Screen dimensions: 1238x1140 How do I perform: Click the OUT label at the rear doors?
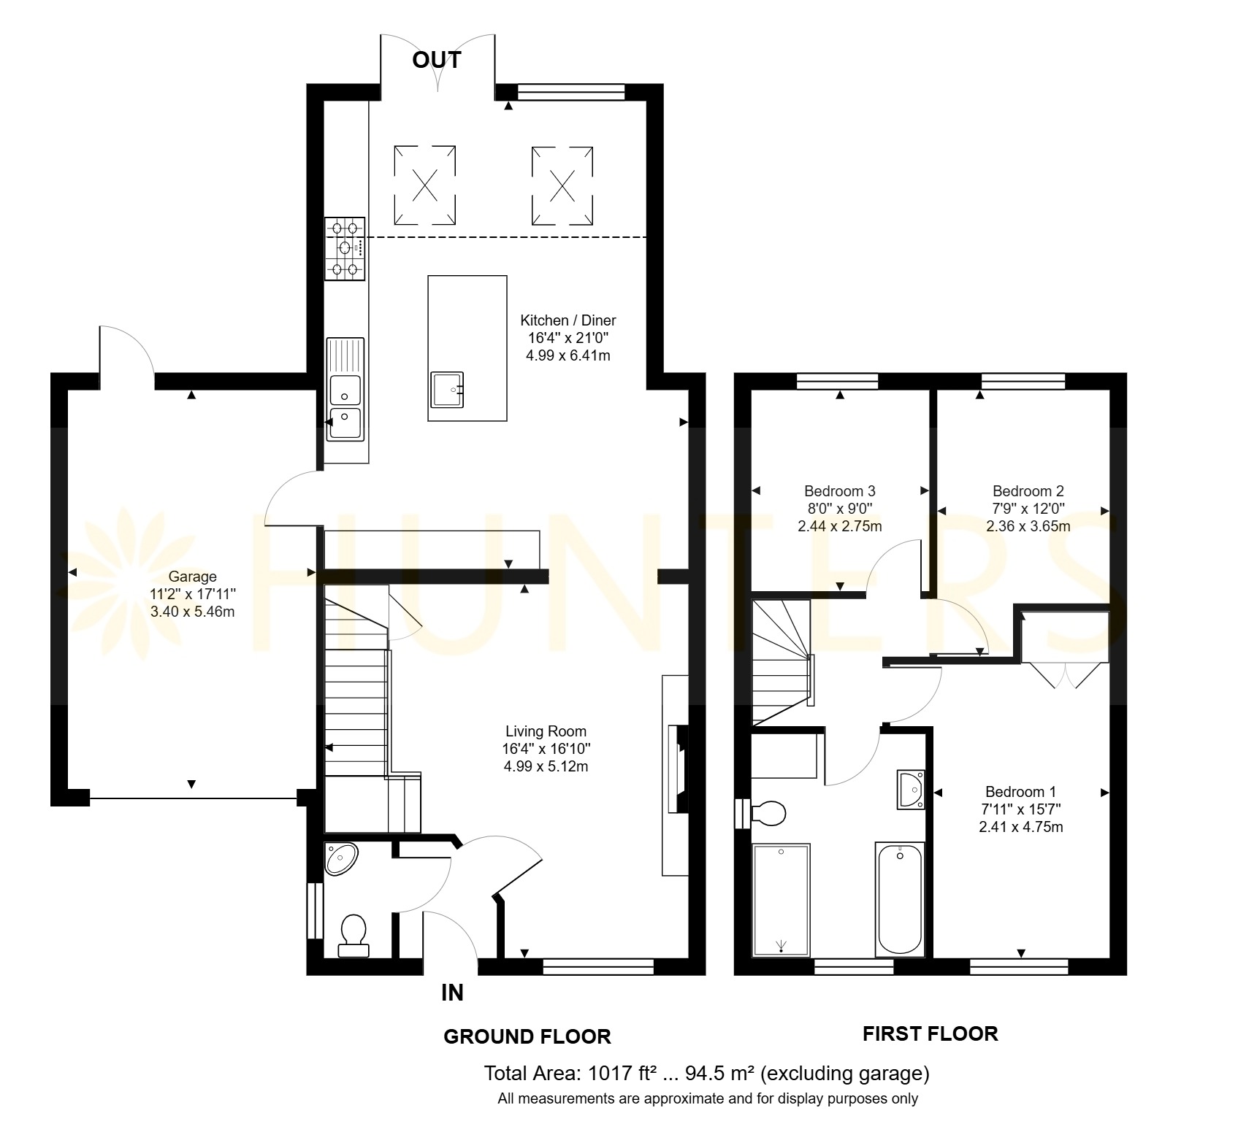tap(437, 60)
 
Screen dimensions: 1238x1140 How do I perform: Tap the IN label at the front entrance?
tap(452, 993)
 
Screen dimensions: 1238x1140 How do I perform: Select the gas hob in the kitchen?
tap(345, 249)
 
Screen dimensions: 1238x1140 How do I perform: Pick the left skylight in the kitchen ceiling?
tap(425, 185)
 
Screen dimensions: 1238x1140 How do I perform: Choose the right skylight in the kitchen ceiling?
tap(562, 185)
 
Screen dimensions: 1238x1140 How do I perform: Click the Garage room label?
tap(192, 577)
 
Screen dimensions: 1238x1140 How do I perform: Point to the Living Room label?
tap(546, 731)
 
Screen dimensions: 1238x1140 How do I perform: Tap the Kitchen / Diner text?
tap(568, 320)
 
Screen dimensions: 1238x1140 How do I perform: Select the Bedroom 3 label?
tap(840, 491)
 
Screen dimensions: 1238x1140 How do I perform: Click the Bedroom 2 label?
tap(1028, 491)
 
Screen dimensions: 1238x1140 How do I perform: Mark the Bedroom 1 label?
tap(1020, 792)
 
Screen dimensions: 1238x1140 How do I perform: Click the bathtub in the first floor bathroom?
tap(900, 899)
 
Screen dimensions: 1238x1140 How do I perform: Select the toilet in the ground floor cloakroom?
tap(354, 936)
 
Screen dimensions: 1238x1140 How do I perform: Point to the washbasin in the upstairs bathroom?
tap(911, 790)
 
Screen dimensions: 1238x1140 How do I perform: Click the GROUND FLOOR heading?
tap(527, 1036)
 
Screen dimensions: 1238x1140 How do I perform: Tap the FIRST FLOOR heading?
tap(931, 1033)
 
